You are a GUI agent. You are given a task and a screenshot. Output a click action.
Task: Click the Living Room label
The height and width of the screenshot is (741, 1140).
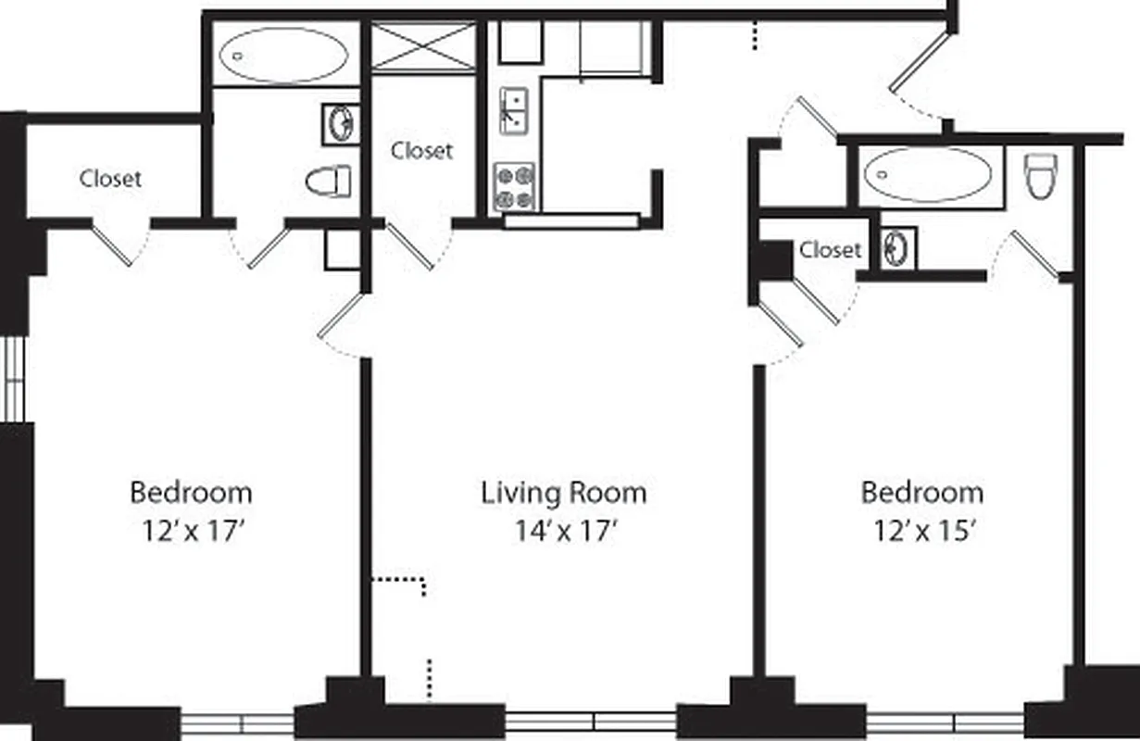[x=563, y=493]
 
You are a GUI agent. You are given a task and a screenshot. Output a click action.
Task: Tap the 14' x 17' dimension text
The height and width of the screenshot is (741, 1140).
[x=566, y=532]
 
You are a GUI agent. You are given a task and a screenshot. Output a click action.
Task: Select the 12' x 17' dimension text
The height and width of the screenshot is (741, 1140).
[x=191, y=532]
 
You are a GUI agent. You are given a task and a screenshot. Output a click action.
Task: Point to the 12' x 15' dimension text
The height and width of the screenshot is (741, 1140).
[x=922, y=532]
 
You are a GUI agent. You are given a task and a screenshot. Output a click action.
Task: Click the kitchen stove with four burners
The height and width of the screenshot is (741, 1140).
[x=514, y=187]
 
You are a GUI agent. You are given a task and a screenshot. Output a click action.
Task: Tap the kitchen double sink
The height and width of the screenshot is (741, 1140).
[x=514, y=110]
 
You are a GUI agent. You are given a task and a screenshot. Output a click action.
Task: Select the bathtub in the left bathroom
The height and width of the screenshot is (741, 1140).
[x=283, y=55]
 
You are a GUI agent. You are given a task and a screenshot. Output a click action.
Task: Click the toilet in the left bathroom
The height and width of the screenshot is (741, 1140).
[x=330, y=181]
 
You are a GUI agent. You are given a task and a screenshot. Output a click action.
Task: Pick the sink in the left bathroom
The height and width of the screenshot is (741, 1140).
[x=340, y=123]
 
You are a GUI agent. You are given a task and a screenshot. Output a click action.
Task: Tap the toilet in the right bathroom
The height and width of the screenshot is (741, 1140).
[x=1041, y=175]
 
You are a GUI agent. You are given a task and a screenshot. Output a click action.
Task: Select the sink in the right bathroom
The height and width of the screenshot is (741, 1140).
[x=896, y=249]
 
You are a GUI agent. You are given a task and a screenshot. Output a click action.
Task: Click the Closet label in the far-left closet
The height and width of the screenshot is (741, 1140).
[x=110, y=178]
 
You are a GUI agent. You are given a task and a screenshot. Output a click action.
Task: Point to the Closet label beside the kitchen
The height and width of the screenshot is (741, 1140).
[x=421, y=150]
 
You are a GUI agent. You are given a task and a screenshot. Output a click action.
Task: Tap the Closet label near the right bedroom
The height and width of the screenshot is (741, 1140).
[x=830, y=249]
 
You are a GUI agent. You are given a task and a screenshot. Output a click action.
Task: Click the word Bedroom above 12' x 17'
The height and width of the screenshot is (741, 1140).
[x=191, y=492]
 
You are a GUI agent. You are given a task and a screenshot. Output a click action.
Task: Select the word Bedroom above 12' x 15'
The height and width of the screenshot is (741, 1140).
[x=922, y=492]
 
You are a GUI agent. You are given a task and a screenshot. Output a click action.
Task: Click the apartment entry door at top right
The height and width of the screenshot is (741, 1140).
[x=920, y=65]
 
